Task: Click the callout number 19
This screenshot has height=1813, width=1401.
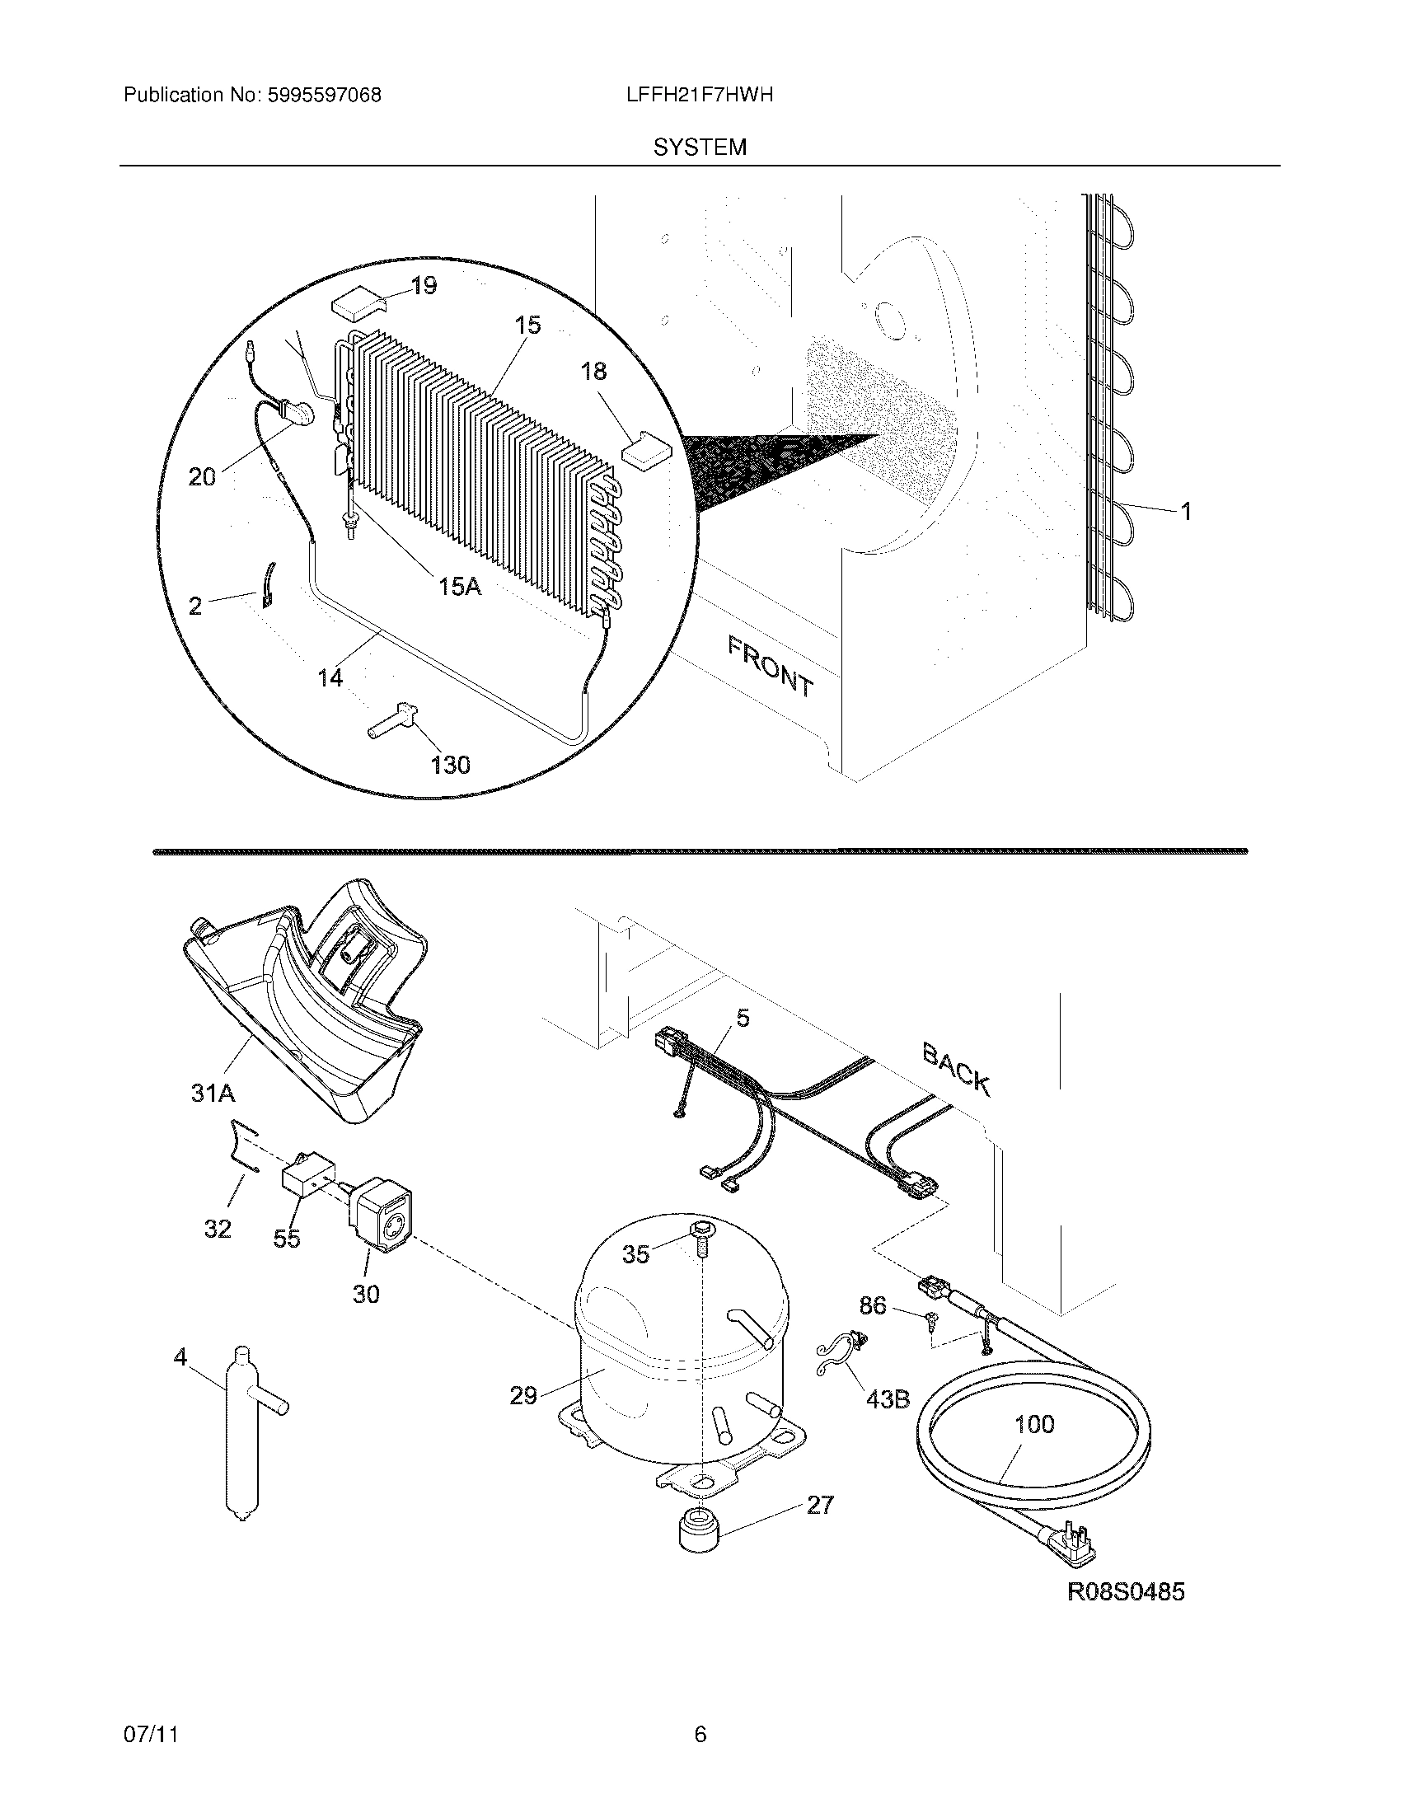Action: click(424, 287)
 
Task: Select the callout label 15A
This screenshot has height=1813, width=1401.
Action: click(460, 587)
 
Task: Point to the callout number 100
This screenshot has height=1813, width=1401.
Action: click(1034, 1425)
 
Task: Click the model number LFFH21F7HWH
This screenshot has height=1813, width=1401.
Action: click(700, 95)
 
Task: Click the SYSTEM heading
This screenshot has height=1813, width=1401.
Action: click(700, 148)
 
